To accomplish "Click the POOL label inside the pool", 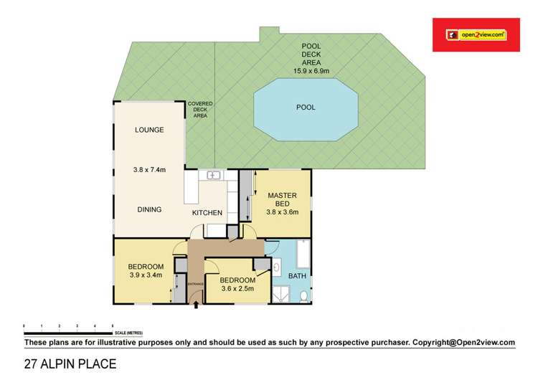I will tap(306, 108).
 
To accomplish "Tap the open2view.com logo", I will tap(476, 34).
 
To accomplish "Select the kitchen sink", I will tap(213, 176).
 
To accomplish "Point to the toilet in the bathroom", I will tap(303, 295).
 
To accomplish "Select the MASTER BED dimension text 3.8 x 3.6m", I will tap(283, 212).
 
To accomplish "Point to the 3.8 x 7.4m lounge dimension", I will tap(149, 170).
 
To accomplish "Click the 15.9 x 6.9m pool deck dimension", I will tap(311, 71).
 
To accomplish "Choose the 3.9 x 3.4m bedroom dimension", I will tap(146, 274).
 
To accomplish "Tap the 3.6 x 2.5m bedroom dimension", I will tap(237, 290).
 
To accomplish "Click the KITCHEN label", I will tap(207, 213).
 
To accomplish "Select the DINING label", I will tap(149, 209).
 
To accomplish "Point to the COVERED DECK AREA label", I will tap(200, 109).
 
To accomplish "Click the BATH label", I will tap(296, 276).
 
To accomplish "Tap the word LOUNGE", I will tap(149, 130).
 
